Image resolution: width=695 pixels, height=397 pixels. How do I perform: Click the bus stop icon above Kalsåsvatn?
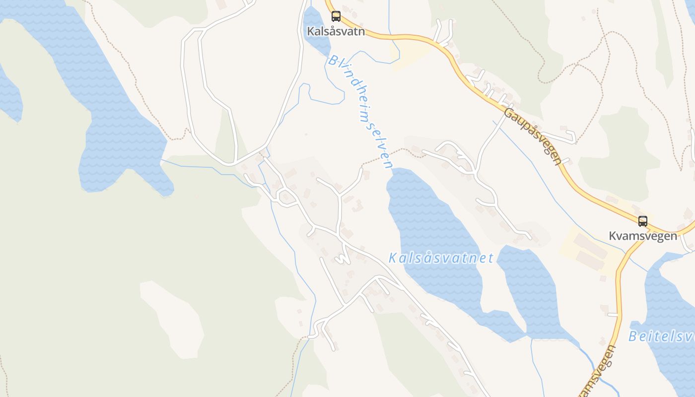tap(336, 16)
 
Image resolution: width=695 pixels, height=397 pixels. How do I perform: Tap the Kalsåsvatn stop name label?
tap(336, 31)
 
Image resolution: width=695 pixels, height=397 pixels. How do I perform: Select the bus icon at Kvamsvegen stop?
tap(643, 221)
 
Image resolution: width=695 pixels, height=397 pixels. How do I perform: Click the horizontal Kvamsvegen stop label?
tap(643, 236)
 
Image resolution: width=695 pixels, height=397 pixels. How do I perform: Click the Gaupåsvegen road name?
tap(533, 136)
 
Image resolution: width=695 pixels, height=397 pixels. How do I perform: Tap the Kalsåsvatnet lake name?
tap(441, 258)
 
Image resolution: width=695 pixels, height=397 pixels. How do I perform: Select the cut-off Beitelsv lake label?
tap(662, 336)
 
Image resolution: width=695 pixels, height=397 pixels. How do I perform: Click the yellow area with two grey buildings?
tap(591, 251)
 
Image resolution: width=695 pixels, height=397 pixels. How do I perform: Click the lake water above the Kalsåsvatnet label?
tap(427, 218)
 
